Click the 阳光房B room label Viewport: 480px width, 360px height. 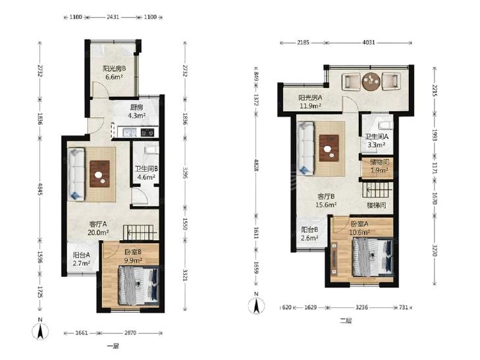pyautogui.click(x=114, y=68)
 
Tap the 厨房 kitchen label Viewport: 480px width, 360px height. pyautogui.click(x=136, y=107)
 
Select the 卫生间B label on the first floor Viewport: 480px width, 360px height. pyautogui.click(x=146, y=168)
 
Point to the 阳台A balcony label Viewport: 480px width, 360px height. pyautogui.click(x=82, y=255)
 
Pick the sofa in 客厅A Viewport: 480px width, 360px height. pyautogui.click(x=76, y=174)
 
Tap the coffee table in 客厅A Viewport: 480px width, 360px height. pyautogui.click(x=99, y=174)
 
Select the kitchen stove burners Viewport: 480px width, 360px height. pyautogui.click(x=147, y=132)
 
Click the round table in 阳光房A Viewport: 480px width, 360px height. pyautogui.click(x=371, y=82)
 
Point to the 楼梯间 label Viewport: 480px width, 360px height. pyautogui.click(x=376, y=205)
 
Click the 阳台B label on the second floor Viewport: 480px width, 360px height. pyautogui.click(x=309, y=230)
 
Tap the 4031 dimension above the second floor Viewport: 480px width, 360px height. pyautogui.click(x=368, y=43)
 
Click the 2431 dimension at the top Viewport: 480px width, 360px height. pyautogui.click(x=113, y=17)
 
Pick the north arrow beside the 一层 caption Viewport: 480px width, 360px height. pyautogui.click(x=40, y=330)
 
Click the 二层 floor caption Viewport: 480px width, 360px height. pyautogui.click(x=346, y=321)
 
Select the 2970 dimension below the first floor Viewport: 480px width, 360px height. pyautogui.click(x=130, y=333)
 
